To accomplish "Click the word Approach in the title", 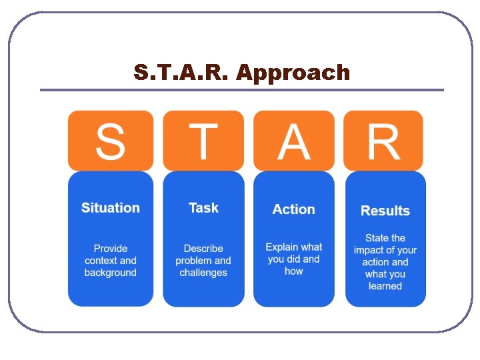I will click(x=293, y=73).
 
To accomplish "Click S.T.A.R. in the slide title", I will click(x=181, y=72).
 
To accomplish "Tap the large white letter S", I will click(x=110, y=141).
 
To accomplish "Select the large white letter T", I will click(x=203, y=141).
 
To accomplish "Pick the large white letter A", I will click(x=294, y=141).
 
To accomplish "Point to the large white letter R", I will click(x=384, y=141).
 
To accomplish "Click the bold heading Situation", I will click(x=111, y=208).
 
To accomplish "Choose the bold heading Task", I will click(x=203, y=208).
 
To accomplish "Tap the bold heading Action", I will click(x=293, y=209).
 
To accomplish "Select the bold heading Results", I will click(x=385, y=211).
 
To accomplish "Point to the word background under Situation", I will click(x=111, y=273).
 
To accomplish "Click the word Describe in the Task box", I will click(x=203, y=249).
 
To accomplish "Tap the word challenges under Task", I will click(x=203, y=273).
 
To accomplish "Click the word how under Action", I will click(x=293, y=271).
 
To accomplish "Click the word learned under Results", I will click(x=385, y=286).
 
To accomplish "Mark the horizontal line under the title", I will click(x=241, y=90).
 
